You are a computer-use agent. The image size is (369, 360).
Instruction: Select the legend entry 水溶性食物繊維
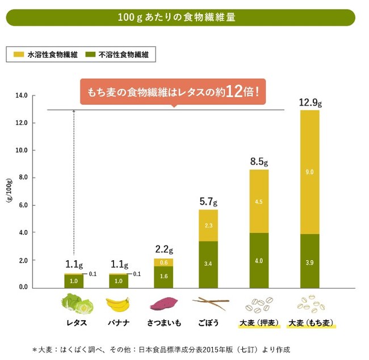coord(48,55)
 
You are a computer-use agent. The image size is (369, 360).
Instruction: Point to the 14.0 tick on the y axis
coord(22,95)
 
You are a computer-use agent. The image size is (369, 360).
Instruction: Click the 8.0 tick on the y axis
coord(22,177)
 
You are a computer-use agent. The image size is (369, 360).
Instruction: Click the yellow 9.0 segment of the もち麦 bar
coord(309,172)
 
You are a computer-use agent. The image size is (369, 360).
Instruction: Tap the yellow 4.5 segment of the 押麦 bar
coord(259,201)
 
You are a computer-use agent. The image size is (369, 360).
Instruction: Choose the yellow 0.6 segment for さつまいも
coord(163,262)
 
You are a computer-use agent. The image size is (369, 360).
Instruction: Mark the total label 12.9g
coord(310,103)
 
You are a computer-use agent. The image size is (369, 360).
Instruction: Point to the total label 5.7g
coord(208,201)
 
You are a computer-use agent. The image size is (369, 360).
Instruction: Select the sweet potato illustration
coord(163,304)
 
